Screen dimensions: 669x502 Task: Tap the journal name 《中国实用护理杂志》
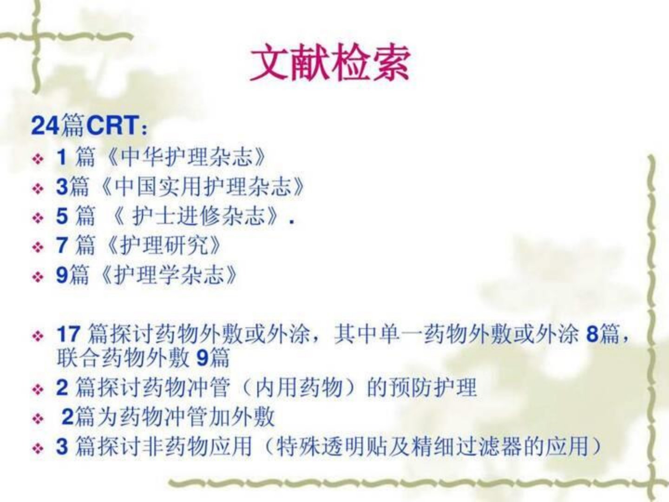pyautogui.click(x=201, y=186)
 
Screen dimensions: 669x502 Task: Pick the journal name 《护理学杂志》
pyautogui.click(x=168, y=275)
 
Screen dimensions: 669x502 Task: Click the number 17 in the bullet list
pyautogui.click(x=69, y=334)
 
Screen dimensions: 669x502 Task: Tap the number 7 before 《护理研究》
pyautogui.click(x=62, y=245)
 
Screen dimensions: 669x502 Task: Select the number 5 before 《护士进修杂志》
pyautogui.click(x=62, y=216)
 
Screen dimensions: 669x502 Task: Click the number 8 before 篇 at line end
pyautogui.click(x=592, y=334)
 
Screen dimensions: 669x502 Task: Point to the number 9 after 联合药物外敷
pyautogui.click(x=202, y=358)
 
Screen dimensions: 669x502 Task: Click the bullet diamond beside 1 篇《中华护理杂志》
pyautogui.click(x=38, y=159)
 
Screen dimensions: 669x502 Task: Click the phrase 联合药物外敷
pyautogui.click(x=123, y=358)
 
